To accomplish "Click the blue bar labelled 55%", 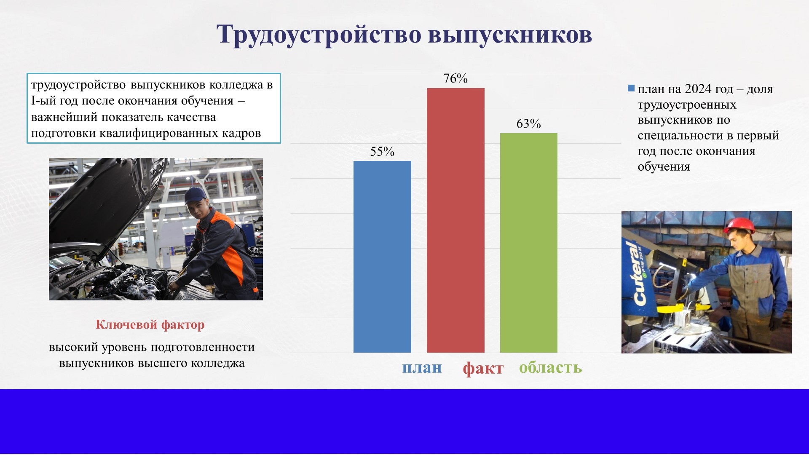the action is [x=382, y=257].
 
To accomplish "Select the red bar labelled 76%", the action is [x=455, y=220].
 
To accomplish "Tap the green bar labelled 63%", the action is [x=529, y=243].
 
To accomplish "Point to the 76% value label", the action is [x=455, y=78].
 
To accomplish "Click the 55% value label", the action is [x=382, y=152].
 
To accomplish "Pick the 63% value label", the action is [x=529, y=124].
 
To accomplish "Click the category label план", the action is [x=422, y=368].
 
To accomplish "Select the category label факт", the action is [x=483, y=368].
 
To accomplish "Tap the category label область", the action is [x=550, y=367].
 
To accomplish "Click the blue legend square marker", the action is [x=631, y=88].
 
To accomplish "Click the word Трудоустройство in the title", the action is [x=319, y=34].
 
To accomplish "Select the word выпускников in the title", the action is [x=510, y=35].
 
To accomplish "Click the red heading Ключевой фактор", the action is [x=150, y=324].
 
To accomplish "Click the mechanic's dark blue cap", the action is [x=195, y=195].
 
